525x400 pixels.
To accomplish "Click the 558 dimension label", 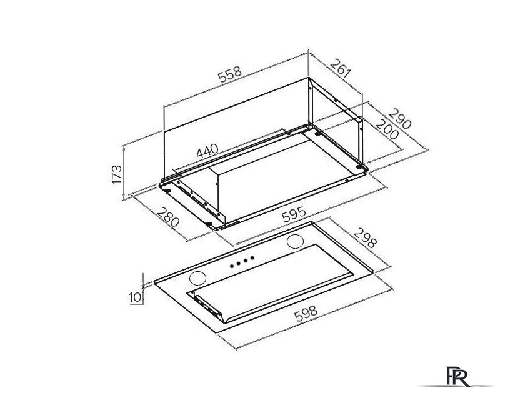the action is click(230, 74).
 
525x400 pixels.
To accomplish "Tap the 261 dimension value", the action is click(341, 68).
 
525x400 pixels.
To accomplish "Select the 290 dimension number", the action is click(399, 119).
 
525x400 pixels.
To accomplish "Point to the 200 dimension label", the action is click(387, 129).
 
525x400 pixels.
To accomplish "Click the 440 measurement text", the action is click(207, 151).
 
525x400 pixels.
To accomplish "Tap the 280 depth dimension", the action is click(168, 217).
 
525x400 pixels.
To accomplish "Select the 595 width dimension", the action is click(294, 214).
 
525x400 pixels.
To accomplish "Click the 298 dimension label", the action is click(365, 238).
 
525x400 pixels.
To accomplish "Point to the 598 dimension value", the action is click(306, 314).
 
